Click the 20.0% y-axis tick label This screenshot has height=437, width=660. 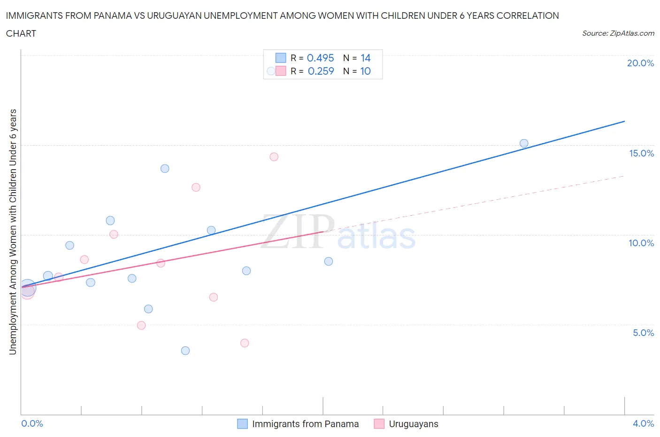tap(640, 63)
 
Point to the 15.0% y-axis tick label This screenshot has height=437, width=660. tap(641, 154)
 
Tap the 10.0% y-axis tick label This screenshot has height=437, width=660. tap(641, 243)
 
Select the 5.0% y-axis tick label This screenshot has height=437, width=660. tap(643, 333)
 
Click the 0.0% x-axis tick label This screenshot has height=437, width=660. tap(32, 423)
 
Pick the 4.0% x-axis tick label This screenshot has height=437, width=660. tap(643, 423)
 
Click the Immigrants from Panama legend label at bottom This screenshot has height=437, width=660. tap(305, 424)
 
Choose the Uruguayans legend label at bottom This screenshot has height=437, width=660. tap(414, 424)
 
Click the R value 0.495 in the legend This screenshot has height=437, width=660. tap(320, 58)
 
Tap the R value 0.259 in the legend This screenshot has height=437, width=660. tap(321, 71)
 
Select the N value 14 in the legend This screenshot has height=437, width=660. tap(365, 58)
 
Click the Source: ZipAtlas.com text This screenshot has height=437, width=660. tap(618, 33)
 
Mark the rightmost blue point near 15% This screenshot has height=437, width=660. tap(524, 143)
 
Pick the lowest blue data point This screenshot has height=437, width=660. tap(185, 351)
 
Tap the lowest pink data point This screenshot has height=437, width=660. tap(245, 343)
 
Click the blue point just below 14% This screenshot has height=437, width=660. tap(165, 169)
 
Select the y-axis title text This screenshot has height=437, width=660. tap(13, 232)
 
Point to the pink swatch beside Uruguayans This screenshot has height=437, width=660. tap(379, 424)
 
